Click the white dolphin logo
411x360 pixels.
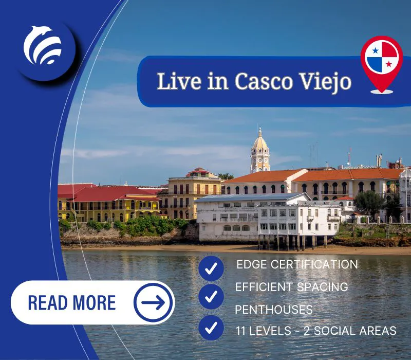[x=43, y=45]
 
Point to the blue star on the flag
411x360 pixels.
[x=376, y=50]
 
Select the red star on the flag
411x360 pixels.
[x=389, y=64]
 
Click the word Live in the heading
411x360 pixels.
[x=179, y=81]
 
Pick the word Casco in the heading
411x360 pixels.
[x=264, y=81]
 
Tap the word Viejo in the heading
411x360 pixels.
[x=325, y=82]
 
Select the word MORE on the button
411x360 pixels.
[x=94, y=302]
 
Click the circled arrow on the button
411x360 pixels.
[x=153, y=302]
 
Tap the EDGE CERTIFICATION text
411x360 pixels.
[x=297, y=264]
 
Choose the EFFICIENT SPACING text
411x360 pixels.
[x=291, y=287]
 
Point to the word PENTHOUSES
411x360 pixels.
[x=274, y=310]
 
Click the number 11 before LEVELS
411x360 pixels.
[x=240, y=331]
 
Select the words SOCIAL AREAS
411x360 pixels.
[x=355, y=331]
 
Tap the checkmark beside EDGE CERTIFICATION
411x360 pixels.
[x=211, y=268]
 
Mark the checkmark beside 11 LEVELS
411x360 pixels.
[x=211, y=328]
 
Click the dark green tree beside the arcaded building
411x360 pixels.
[x=369, y=203]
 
